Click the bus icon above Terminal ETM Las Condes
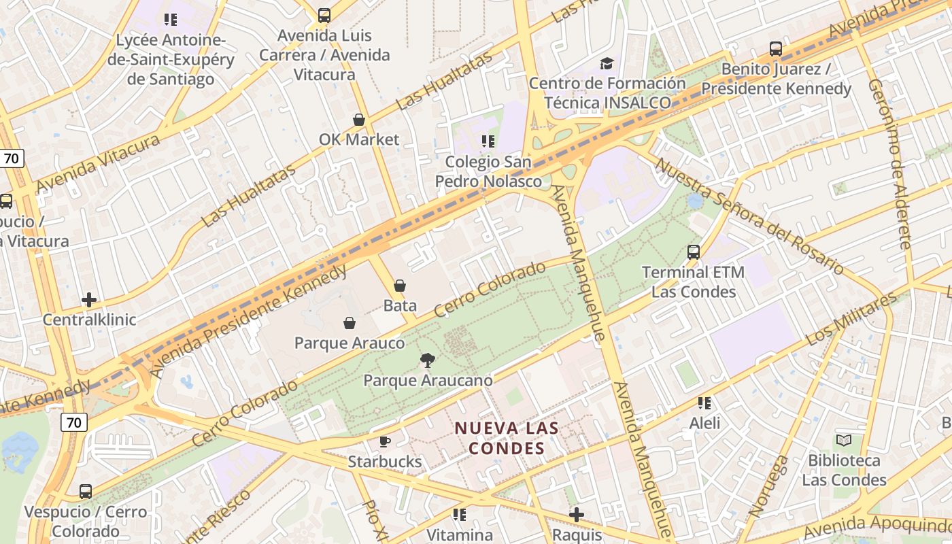(x=694, y=252)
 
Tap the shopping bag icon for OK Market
(x=359, y=120)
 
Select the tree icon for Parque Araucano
(x=428, y=360)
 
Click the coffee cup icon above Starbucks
(x=385, y=442)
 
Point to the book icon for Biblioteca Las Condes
(x=844, y=441)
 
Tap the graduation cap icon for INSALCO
(x=607, y=64)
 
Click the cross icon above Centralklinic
(x=89, y=300)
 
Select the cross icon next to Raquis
(x=577, y=515)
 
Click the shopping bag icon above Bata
(x=400, y=286)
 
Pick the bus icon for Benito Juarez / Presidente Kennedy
(x=776, y=49)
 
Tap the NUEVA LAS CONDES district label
(x=507, y=439)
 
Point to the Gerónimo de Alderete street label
(x=890, y=164)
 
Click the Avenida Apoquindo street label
(x=877, y=525)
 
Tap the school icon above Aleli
(x=704, y=403)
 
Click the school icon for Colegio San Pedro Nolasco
(x=488, y=141)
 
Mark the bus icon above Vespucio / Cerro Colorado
(x=86, y=492)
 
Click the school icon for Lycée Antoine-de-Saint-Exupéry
(x=171, y=20)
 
